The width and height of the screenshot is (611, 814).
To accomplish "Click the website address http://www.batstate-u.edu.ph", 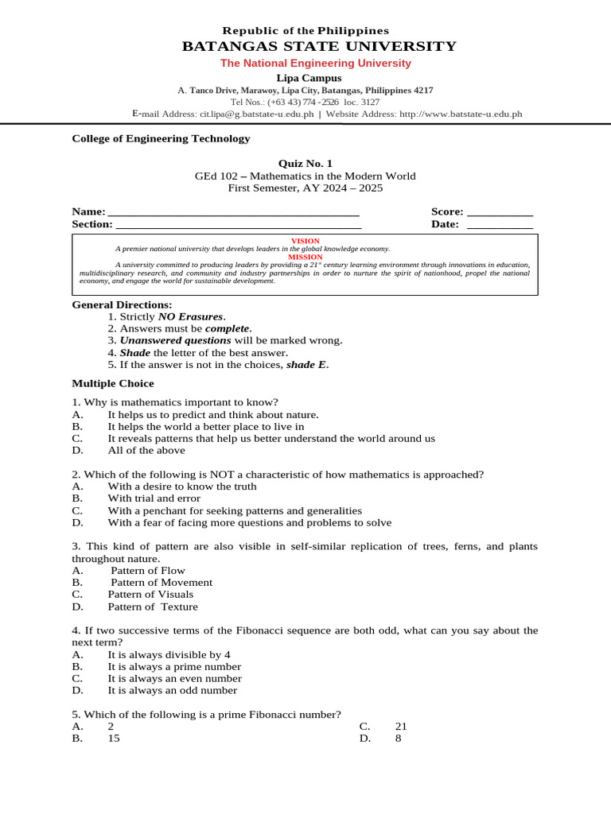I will [x=461, y=114].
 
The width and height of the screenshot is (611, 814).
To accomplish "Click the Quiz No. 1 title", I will [x=305, y=164].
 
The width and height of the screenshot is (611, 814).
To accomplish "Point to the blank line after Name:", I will [x=233, y=212].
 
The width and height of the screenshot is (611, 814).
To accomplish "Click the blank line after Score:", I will [x=500, y=212].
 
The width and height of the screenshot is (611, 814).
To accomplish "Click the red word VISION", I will [x=305, y=241].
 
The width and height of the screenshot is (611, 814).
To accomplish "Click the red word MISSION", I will [x=305, y=257].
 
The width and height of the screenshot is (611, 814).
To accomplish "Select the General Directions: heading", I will [x=122, y=304].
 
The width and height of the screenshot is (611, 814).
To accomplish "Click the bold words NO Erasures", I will [x=191, y=316].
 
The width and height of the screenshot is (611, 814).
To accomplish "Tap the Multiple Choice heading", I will [x=113, y=383].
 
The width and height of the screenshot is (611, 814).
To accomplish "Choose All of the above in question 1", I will [x=146, y=450].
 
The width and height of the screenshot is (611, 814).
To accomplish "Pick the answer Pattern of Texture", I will [x=153, y=607].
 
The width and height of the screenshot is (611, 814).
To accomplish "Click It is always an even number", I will [x=174, y=679].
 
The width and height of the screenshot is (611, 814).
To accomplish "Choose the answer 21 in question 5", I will [x=400, y=727].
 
